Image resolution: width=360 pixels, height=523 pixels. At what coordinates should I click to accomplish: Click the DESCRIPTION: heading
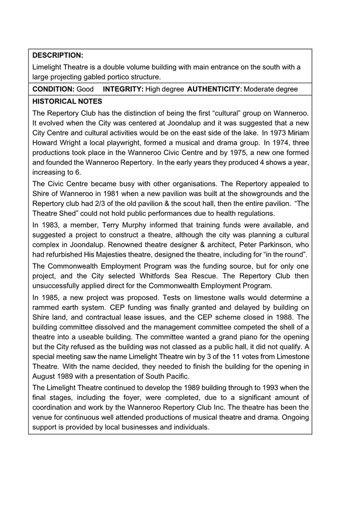click(58, 55)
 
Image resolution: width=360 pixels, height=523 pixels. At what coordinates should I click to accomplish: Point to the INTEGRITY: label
click(123, 89)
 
